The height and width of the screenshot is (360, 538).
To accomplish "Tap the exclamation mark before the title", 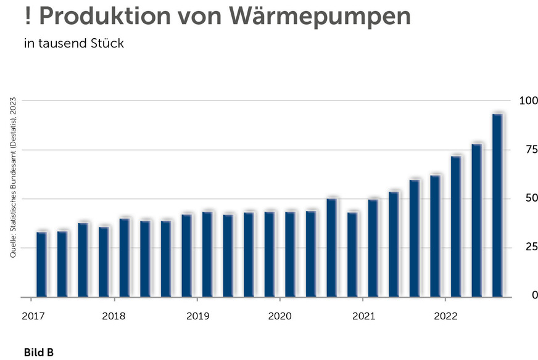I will [28, 16].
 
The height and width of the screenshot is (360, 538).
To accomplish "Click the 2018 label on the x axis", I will [114, 317].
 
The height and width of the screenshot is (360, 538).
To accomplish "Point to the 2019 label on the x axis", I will [197, 317].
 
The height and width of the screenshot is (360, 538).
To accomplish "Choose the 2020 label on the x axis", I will [279, 317].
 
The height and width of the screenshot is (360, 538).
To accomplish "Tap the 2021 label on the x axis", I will [363, 317].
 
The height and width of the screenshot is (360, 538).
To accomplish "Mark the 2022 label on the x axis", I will [445, 317].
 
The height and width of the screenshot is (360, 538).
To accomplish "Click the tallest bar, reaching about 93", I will [497, 205].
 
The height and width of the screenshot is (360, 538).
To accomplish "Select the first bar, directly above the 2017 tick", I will [41, 264].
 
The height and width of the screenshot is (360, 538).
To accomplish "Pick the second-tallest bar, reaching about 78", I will [476, 220].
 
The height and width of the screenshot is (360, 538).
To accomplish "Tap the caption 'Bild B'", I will [39, 353].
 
